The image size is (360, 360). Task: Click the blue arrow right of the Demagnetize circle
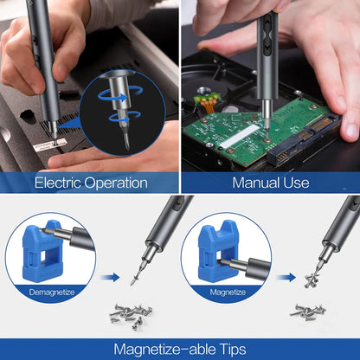[108, 278]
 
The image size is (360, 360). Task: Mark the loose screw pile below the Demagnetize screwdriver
[131, 315]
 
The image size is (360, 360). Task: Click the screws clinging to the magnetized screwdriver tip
[313, 278]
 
